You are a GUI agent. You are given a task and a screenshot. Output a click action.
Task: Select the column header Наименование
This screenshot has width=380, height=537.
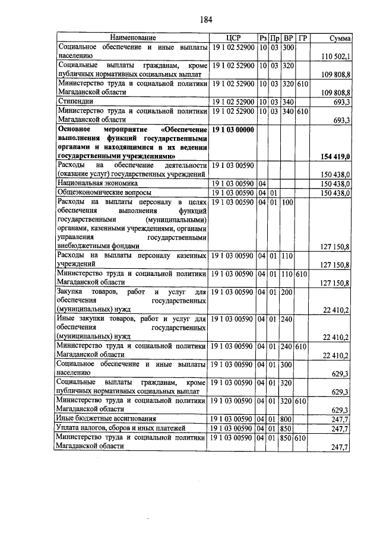(x=132, y=38)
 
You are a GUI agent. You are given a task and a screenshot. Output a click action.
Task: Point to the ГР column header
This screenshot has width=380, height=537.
(x=303, y=38)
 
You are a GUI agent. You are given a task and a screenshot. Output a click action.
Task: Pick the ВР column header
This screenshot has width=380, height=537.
(x=289, y=38)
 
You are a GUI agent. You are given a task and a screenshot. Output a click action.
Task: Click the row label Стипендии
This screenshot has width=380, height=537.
(x=74, y=102)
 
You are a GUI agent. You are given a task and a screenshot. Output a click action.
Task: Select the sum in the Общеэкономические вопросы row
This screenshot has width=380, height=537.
(x=336, y=193)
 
